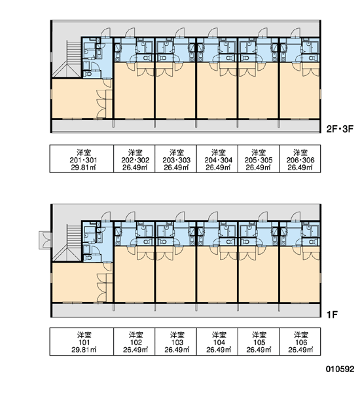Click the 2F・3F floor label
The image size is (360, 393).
click(x=340, y=129)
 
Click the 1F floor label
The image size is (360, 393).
click(x=333, y=314)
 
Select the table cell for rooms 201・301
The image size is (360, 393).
click(x=82, y=159)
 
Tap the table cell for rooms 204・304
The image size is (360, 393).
click(x=217, y=159)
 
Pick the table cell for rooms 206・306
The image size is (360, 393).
click(x=300, y=159)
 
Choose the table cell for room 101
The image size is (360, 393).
click(x=82, y=341)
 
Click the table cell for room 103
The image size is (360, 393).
click(x=176, y=341)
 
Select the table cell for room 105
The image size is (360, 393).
click(x=259, y=341)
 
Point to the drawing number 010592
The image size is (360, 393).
click(x=340, y=369)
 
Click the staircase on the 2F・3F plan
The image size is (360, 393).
click(x=67, y=59)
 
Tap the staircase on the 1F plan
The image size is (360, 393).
click(x=67, y=242)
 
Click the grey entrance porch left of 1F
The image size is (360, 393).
click(x=45, y=240)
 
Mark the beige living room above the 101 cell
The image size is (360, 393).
click(x=75, y=282)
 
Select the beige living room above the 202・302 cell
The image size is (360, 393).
click(x=134, y=90)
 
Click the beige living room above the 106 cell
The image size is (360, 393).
click(x=300, y=274)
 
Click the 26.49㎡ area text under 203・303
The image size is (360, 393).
click(x=176, y=167)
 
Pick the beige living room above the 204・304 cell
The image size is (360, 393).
click(x=217, y=90)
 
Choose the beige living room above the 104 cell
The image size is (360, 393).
click(x=217, y=274)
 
